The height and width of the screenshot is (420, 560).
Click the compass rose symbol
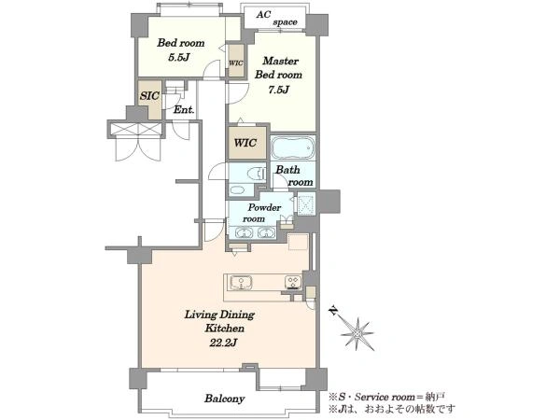pyautogui.click(x=357, y=333)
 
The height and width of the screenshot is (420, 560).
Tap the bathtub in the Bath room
pyautogui.click(x=293, y=147)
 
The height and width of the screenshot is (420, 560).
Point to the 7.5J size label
pyautogui.click(x=278, y=90)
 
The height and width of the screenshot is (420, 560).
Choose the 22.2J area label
pyautogui.click(x=224, y=343)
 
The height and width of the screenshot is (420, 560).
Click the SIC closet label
pyautogui.click(x=149, y=96)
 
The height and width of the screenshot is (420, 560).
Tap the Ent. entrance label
pyautogui.click(x=184, y=109)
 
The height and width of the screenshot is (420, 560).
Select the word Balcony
pyautogui.click(x=225, y=399)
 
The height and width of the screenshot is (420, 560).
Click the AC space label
pyautogui.click(x=276, y=18)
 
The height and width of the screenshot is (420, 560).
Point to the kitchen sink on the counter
pyautogui.click(x=241, y=282)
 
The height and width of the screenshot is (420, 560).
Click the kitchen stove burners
pyautogui.click(x=293, y=282)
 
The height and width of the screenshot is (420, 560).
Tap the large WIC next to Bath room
pyautogui.click(x=245, y=143)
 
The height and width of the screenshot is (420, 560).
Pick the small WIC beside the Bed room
pyautogui.click(x=236, y=63)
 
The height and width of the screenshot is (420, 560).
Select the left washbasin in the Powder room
pyautogui.click(x=244, y=233)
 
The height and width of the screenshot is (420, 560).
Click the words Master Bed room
pyautogui.click(x=278, y=67)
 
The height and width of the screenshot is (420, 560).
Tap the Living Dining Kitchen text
pyautogui.click(x=219, y=321)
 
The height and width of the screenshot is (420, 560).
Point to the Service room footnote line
pyautogui.click(x=386, y=397)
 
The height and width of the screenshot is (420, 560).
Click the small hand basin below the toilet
pyautogui.click(x=237, y=189)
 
